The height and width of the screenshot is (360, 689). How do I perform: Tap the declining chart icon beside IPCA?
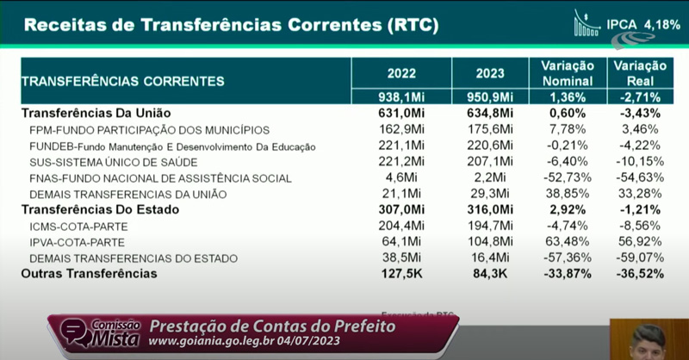(x=587, y=23)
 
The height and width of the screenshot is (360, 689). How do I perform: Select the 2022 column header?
(x=401, y=73)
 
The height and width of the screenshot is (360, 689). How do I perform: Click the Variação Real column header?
(x=638, y=73)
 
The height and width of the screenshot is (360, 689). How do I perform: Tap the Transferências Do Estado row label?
(x=99, y=209)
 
